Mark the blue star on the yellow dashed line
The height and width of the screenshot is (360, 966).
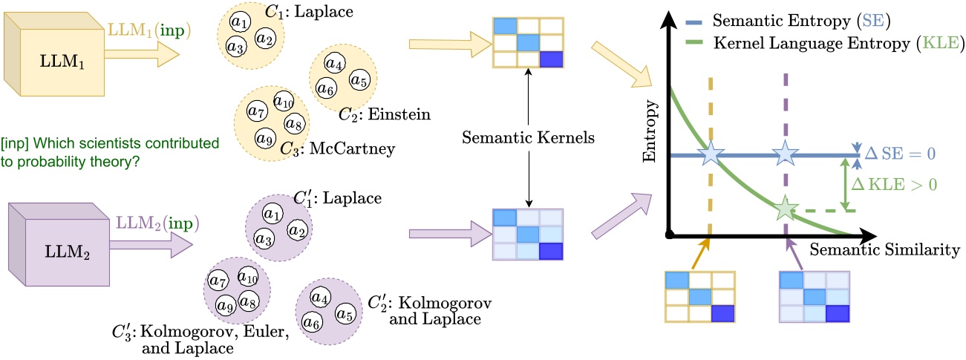pos(711,154)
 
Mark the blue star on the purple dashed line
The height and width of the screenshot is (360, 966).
pos(785,154)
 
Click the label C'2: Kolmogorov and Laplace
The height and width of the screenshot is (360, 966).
pos(430,312)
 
